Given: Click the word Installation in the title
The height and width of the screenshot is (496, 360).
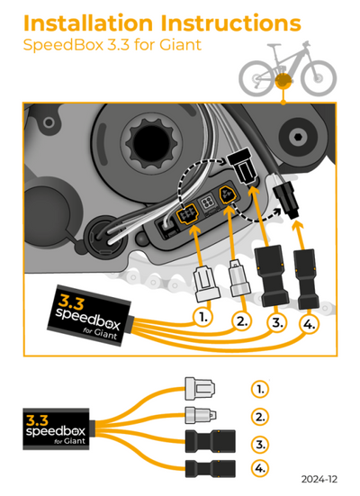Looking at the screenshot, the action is [x=88, y=23].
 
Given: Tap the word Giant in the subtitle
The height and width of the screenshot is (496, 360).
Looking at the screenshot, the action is [x=180, y=44].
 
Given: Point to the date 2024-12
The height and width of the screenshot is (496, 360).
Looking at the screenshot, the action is [x=319, y=479].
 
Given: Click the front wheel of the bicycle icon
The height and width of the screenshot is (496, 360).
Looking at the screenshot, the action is [x=319, y=77].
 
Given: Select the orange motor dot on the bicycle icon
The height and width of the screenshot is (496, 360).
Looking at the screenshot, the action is [x=283, y=81].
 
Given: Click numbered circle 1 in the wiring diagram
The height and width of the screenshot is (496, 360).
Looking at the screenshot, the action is [x=202, y=317].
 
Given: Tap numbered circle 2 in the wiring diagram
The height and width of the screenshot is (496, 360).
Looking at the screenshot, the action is [x=242, y=321].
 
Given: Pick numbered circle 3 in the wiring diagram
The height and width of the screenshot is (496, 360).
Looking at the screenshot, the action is [x=277, y=322].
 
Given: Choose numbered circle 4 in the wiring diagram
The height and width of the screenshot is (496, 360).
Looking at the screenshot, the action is [x=309, y=324].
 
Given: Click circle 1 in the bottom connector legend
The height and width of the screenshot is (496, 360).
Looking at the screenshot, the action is [x=260, y=389].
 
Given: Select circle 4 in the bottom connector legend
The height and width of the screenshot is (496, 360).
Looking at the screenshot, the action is [x=260, y=467].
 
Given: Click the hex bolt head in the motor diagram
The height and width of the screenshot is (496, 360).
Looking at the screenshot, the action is [x=297, y=137].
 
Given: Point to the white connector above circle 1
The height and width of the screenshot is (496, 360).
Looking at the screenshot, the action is [x=207, y=284].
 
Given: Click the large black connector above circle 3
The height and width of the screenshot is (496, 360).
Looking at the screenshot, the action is [x=272, y=275].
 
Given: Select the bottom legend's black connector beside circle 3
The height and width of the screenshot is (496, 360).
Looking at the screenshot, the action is [x=210, y=441].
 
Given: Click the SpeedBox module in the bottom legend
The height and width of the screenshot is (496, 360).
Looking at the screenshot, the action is [x=56, y=429].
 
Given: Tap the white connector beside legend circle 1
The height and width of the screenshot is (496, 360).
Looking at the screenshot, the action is [x=200, y=387].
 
